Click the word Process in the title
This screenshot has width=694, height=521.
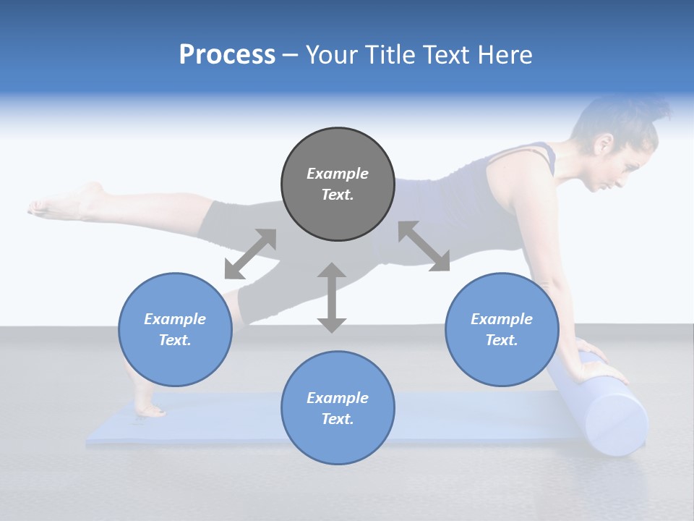coord(227,55)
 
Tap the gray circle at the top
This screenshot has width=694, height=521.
coord(338,184)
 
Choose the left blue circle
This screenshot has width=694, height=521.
coord(175,329)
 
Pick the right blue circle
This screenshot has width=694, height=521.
coord(502,329)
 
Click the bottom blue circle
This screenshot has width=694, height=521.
coord(338,407)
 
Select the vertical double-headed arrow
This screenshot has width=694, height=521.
coord(332,297)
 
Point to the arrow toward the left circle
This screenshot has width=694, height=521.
coord(250,253)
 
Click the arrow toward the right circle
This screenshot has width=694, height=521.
coord(424,246)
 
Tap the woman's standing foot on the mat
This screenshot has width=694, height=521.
coord(148,410)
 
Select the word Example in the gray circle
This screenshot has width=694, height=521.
coord(338,174)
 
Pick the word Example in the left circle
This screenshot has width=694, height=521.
coord(175,319)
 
